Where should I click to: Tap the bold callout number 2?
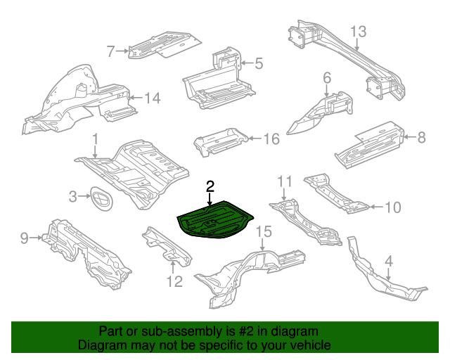click(210, 186)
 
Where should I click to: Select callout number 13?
click(358, 32)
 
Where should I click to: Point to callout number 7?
click(110, 51)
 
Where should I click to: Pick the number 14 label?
click(152, 98)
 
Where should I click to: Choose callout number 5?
click(258, 64)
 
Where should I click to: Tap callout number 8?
click(421, 138)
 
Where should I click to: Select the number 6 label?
click(327, 77)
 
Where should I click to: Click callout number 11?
click(283, 182)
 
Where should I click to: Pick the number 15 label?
click(263, 231)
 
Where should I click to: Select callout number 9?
click(25, 238)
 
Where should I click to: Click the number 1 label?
click(95, 140)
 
